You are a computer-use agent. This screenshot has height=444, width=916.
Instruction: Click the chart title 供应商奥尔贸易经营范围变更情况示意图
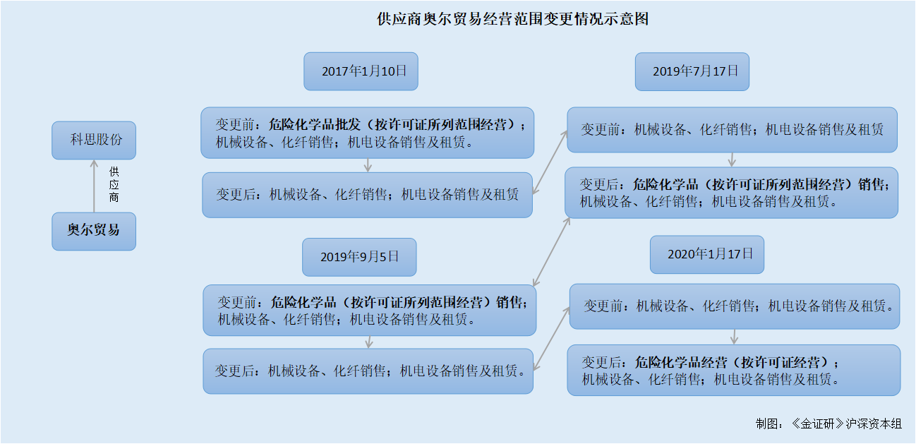[x=512, y=19]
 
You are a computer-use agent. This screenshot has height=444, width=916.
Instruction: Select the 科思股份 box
[x=94, y=140]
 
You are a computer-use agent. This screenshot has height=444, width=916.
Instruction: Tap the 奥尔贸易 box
[x=94, y=232]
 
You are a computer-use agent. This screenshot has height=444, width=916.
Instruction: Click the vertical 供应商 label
[x=114, y=184]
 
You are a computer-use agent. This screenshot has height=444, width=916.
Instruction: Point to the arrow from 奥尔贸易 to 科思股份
[x=94, y=186]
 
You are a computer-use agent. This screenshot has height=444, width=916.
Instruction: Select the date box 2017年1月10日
[x=361, y=71]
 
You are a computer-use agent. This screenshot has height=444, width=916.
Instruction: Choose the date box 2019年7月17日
[x=692, y=71]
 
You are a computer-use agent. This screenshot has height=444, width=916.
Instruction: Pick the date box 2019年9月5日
[x=359, y=257]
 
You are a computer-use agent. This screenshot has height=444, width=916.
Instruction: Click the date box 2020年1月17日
[x=706, y=254]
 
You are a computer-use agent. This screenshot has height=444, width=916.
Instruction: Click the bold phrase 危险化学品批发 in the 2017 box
[x=315, y=124]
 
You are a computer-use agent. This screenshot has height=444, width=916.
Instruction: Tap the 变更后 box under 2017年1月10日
[x=367, y=195]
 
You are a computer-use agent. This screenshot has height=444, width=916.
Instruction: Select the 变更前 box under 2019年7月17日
[x=732, y=130]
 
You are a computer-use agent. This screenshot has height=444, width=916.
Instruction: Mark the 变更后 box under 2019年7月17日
[x=731, y=192]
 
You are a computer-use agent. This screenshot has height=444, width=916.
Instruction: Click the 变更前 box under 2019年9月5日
[x=369, y=310]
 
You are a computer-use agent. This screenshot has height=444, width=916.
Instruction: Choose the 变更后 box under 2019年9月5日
[x=368, y=371]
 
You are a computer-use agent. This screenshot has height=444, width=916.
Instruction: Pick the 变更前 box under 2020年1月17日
[x=735, y=306]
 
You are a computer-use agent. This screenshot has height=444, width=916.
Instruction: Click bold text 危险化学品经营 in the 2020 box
[x=681, y=362]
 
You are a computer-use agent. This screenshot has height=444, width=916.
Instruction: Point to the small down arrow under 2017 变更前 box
[x=368, y=165]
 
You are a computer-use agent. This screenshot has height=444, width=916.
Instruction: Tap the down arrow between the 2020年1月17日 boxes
[x=734, y=337]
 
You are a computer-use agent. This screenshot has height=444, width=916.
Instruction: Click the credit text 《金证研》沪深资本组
[x=846, y=424]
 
